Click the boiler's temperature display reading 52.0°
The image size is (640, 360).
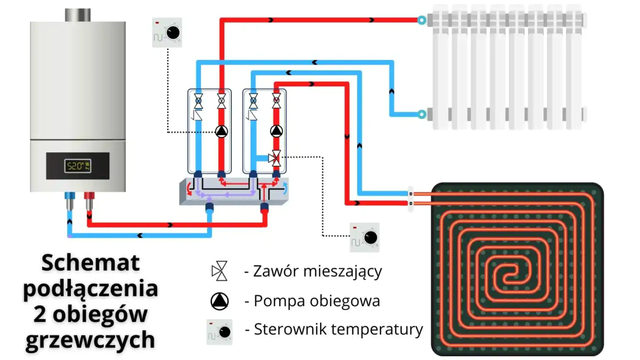tap(78, 166)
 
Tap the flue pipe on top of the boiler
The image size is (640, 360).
tap(78, 15)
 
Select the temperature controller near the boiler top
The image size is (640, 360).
tap(167, 33)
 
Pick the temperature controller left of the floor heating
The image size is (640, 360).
tap(365, 238)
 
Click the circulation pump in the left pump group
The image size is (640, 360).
tap(221, 132)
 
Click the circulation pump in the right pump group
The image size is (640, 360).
tap(276, 131)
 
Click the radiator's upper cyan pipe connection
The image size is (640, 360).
tap(422, 20)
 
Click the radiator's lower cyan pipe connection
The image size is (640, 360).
tap(422, 114)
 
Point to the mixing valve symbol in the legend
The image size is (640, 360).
tap(220, 271)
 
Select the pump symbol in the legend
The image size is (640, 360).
tap(220, 301)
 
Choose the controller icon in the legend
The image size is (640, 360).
tap(220, 332)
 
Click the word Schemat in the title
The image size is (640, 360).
tap(91, 263)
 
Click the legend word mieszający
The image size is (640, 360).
tap(342, 271)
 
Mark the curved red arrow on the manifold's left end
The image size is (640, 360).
tap(189, 189)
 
